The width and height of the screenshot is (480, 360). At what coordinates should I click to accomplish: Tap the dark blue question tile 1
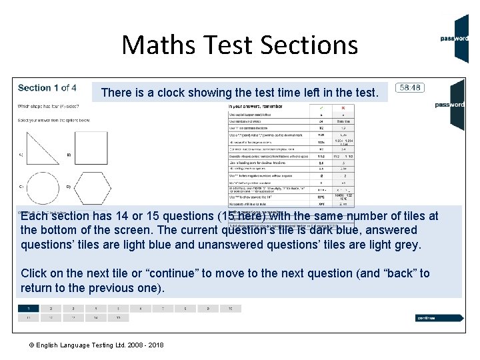pyautogui.click(x=28, y=309)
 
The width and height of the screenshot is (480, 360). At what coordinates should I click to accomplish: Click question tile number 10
pyautogui.click(x=230, y=309)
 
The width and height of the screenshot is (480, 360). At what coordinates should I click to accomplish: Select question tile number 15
pyautogui.click(x=118, y=319)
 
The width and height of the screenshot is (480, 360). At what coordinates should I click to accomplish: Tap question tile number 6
pyautogui.click(x=140, y=309)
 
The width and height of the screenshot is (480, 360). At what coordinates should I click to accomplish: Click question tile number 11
pyautogui.click(x=28, y=319)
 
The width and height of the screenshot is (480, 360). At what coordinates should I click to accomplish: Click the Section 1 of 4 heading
pyautogui.click(x=47, y=87)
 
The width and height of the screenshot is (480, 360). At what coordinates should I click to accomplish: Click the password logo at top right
pyautogui.click(x=458, y=38)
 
